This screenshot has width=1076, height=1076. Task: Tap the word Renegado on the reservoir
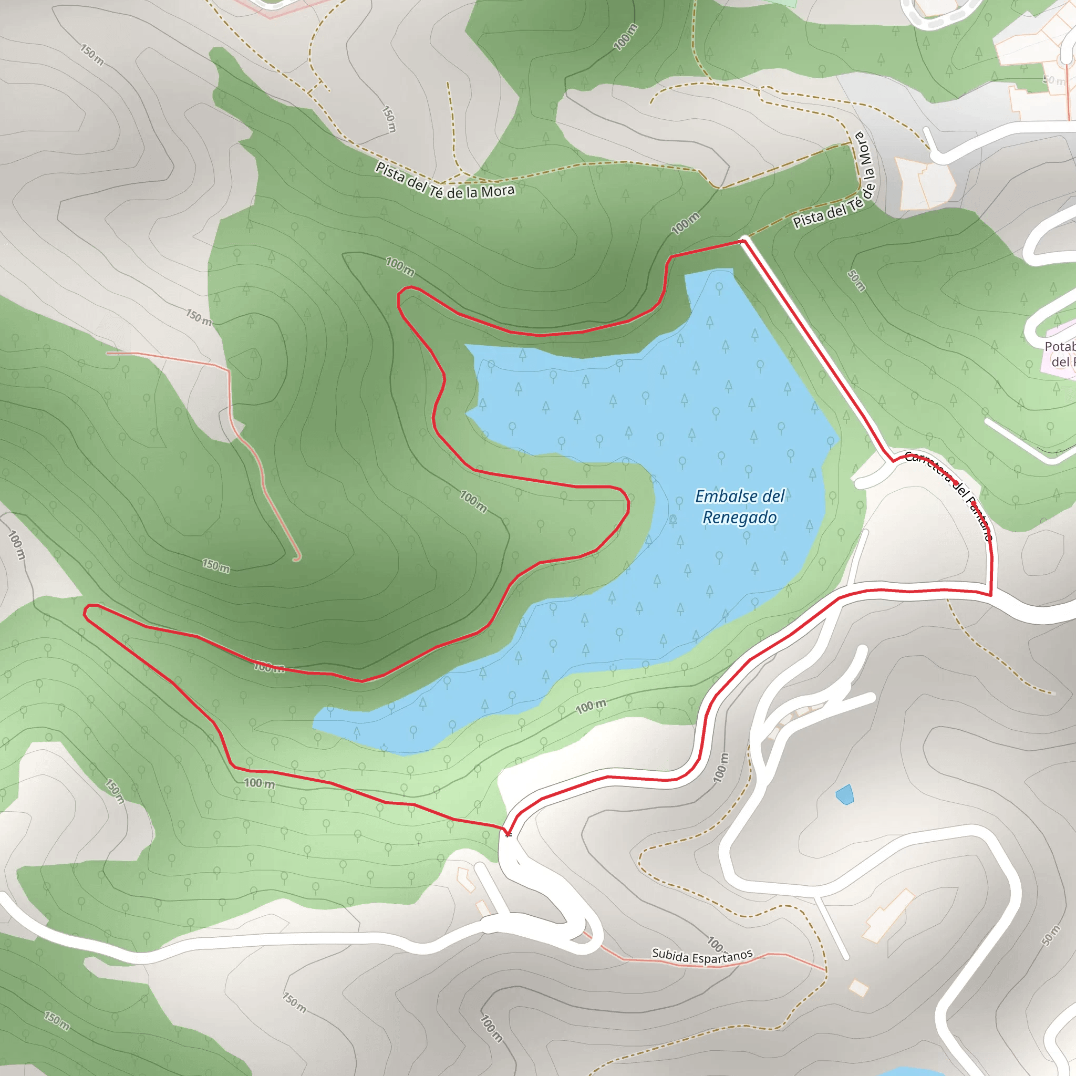pos(739,518)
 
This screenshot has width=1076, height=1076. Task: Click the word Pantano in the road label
pos(981,520)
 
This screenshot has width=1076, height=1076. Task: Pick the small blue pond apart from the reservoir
pos(844,794)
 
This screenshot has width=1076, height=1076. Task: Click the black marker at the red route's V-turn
pos(508,834)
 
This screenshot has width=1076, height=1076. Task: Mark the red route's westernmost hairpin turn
pos(86,612)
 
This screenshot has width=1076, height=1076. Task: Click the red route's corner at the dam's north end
pos(743,241)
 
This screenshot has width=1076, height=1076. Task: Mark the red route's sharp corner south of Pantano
pos(991,595)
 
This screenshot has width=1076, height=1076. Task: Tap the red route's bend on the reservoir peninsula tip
pos(628,504)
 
